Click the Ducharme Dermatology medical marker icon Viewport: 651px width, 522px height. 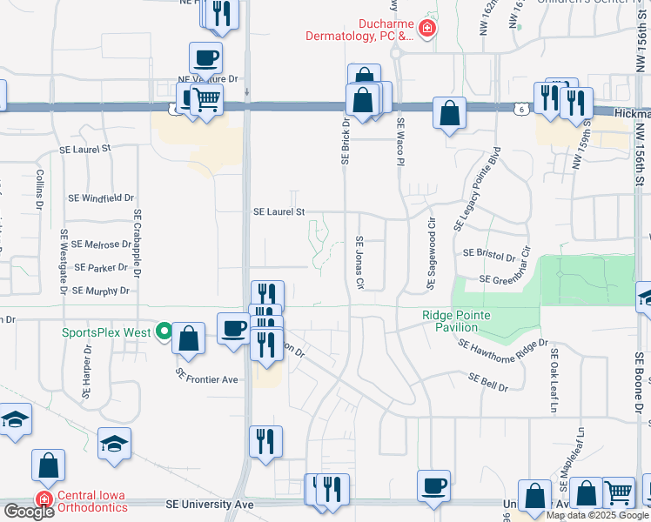click(426, 29)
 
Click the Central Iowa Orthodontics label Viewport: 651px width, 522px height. click(91, 501)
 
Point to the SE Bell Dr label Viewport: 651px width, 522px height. click(487, 382)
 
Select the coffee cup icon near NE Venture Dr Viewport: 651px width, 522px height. click(206, 58)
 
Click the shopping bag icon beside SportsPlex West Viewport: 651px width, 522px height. click(188, 338)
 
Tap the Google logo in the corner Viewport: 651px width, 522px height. click(28, 511)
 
